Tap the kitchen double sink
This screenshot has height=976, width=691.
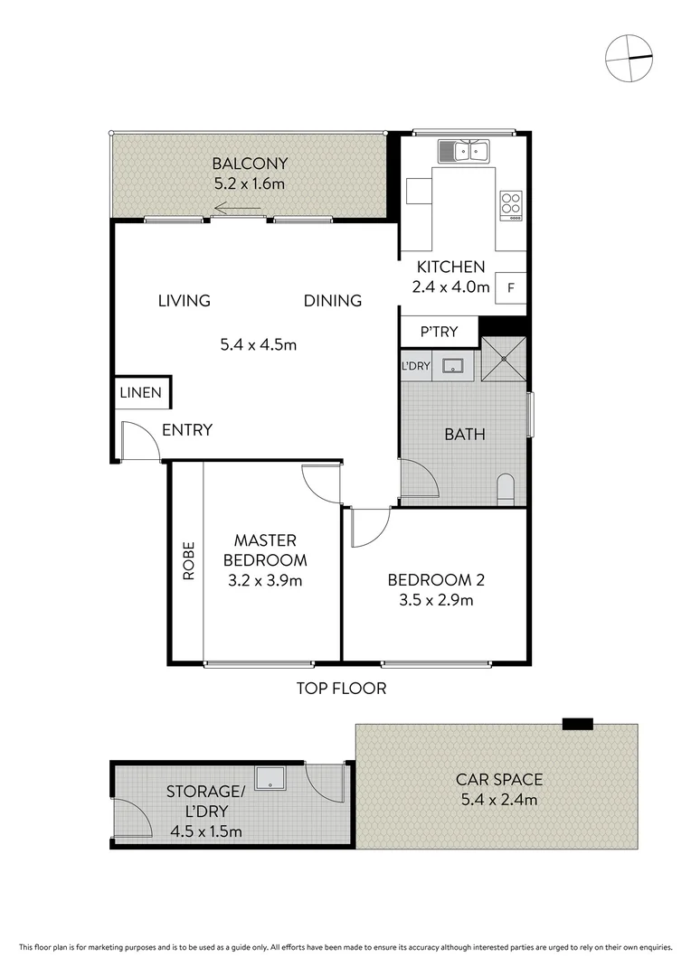coord(464,151)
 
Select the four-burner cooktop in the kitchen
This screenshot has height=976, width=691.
coord(511,205)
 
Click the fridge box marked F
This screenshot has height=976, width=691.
coord(511,288)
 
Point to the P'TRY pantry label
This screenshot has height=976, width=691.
coord(439,333)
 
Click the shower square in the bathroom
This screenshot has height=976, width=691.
coord(502,359)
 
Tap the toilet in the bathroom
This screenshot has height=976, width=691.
coord(506,488)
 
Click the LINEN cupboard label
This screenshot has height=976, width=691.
coord(141,392)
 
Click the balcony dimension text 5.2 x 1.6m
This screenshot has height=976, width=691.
coord(250,183)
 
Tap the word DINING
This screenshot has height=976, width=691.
coord(332,301)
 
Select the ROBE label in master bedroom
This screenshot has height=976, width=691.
coord(188,560)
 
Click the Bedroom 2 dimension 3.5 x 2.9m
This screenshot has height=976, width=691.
coord(431,599)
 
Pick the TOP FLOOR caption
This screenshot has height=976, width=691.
coord(341,689)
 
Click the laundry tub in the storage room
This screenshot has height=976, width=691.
coord(270,778)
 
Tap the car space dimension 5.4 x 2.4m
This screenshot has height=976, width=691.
coord(499,799)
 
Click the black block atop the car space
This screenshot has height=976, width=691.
coord(577,723)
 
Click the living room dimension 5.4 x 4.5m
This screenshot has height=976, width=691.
coord(259,344)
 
